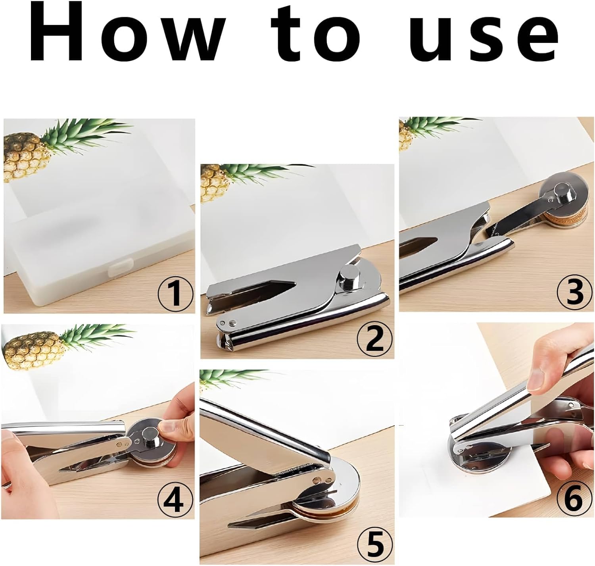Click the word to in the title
coord(316,33)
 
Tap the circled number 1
coord(176,293)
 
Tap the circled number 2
coord(374,339)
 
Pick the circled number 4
coord(175,499)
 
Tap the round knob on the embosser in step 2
coord(348,277)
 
